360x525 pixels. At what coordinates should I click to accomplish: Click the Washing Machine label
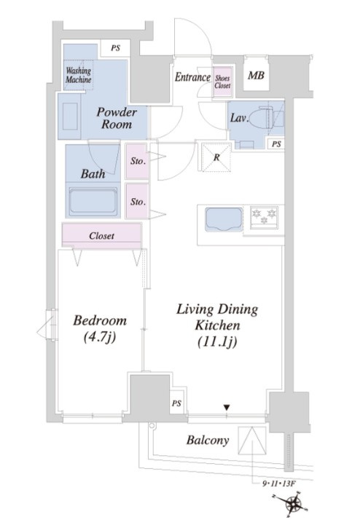click(x=79, y=75)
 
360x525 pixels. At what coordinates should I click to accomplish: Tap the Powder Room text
click(x=117, y=118)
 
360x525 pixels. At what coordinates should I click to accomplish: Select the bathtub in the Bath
click(x=93, y=200)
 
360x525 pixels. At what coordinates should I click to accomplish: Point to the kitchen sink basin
click(x=224, y=219)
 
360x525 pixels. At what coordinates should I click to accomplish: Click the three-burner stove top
click(x=264, y=217)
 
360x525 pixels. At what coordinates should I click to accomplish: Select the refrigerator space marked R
click(x=216, y=157)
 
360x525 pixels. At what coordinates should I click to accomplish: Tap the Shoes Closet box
click(x=222, y=82)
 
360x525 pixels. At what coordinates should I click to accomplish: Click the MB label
click(x=256, y=76)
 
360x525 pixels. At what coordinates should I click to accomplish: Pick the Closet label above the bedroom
click(x=101, y=236)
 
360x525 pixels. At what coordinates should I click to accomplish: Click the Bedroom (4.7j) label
click(x=100, y=329)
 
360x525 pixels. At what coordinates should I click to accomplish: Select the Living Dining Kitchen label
click(x=217, y=325)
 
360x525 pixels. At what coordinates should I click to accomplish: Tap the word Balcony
click(x=208, y=440)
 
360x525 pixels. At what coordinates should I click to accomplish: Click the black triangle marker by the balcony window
click(x=227, y=408)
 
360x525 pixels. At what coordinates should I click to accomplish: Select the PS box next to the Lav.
click(x=276, y=144)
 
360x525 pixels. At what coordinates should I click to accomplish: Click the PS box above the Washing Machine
click(x=115, y=49)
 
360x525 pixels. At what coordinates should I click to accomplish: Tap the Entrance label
click(x=192, y=77)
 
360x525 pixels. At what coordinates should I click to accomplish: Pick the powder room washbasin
click(x=70, y=116)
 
